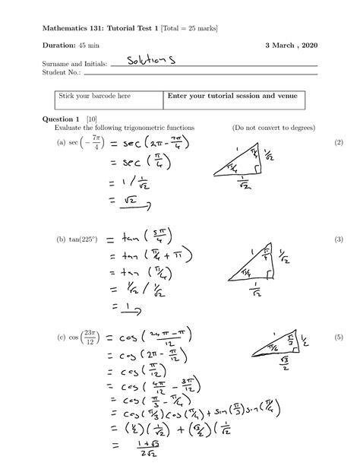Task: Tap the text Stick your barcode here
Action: [87, 97]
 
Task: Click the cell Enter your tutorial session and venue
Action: [226, 97]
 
